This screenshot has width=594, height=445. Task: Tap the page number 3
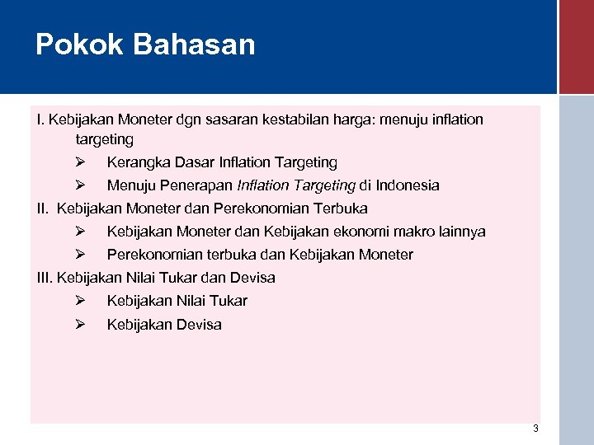(x=535, y=429)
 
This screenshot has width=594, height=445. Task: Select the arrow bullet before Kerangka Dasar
(x=81, y=162)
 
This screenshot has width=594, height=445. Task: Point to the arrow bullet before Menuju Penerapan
(x=81, y=185)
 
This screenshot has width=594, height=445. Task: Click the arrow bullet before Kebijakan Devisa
(x=81, y=324)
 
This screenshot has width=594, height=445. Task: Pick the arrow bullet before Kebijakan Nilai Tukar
(x=81, y=301)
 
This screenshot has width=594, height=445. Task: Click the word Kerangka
(x=137, y=162)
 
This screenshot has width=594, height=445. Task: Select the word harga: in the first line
(x=354, y=119)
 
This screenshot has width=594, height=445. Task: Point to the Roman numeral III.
(x=45, y=278)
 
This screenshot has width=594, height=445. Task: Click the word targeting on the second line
(x=104, y=140)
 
